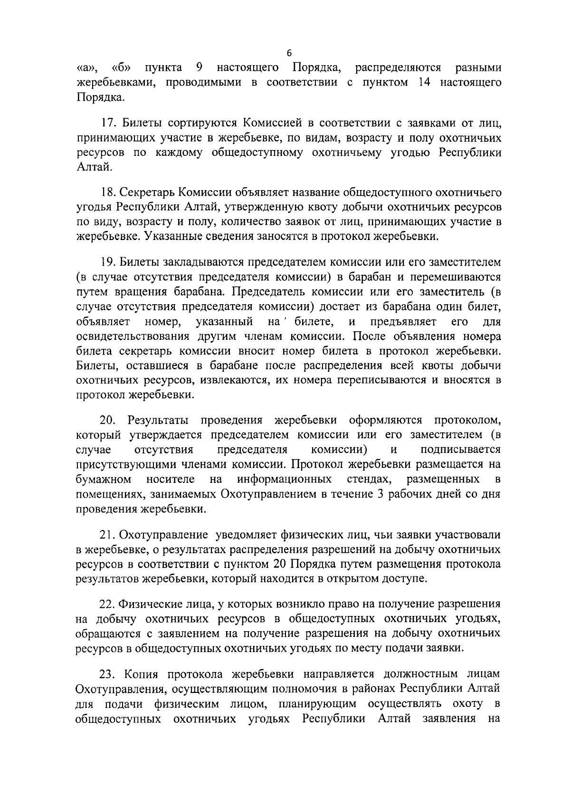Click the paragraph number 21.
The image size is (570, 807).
tap(109, 535)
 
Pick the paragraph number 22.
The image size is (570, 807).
tap(109, 604)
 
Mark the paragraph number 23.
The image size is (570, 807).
tap(109, 673)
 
